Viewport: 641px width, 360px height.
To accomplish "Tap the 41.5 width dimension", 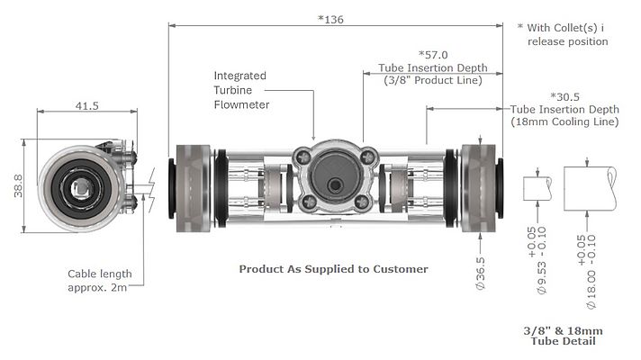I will coord(86,105).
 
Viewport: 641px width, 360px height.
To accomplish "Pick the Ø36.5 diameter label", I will coord(482,269).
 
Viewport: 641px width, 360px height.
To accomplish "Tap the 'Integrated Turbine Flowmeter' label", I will coord(241,89).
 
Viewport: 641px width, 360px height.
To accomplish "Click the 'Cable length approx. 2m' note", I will coord(99,280).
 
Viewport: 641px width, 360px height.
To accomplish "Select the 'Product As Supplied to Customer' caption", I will coord(332,268).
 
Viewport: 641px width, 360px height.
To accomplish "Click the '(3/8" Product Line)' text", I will coord(433,80).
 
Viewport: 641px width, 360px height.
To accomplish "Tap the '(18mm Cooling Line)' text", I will coord(564,121).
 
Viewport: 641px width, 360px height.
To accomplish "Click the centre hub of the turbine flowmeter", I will coord(335,183).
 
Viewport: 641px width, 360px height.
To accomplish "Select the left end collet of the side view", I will coord(189,184).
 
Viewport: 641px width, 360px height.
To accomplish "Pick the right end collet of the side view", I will coord(479,184).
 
